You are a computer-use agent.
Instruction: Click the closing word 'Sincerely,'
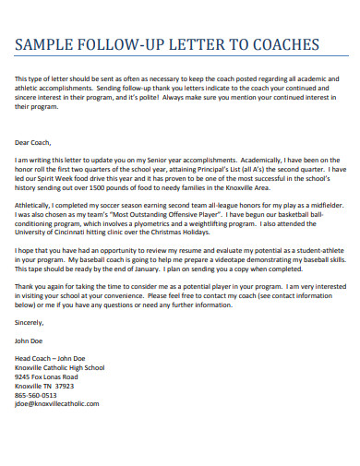(30, 322)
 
